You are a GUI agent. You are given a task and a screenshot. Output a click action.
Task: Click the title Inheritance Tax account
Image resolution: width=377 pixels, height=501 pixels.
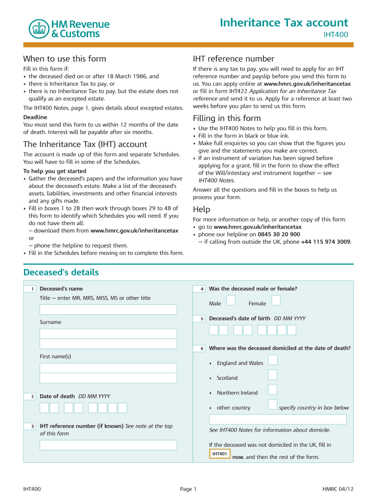284,23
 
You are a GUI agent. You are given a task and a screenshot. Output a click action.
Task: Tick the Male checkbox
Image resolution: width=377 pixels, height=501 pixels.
230,300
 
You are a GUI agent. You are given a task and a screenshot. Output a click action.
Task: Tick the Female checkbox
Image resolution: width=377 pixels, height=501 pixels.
276,300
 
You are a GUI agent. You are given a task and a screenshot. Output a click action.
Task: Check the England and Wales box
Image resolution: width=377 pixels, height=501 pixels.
273,360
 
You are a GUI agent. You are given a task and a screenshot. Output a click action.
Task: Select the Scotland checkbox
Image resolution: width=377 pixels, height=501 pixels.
273,374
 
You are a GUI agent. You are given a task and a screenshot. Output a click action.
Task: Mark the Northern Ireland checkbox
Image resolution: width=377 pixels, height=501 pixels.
273,389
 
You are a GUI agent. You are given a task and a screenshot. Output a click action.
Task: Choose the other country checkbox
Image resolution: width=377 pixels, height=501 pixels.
273,404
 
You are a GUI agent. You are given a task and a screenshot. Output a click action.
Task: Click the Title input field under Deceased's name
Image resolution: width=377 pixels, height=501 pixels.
108,310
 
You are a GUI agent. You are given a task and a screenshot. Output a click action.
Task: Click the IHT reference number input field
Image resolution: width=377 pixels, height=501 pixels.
108,445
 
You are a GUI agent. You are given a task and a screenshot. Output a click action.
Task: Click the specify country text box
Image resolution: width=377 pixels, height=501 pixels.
278,419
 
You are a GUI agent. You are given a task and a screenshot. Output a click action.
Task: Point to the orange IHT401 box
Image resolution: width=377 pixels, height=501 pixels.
220,454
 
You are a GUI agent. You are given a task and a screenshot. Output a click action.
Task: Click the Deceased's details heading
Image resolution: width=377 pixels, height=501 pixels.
61,272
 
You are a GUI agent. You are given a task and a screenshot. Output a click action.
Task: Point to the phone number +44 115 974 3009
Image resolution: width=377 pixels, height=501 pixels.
326,242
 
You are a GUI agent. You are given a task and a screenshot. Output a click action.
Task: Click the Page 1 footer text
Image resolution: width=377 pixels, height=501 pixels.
188,489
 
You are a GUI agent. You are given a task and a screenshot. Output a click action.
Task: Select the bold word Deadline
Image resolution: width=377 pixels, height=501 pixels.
35,117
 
